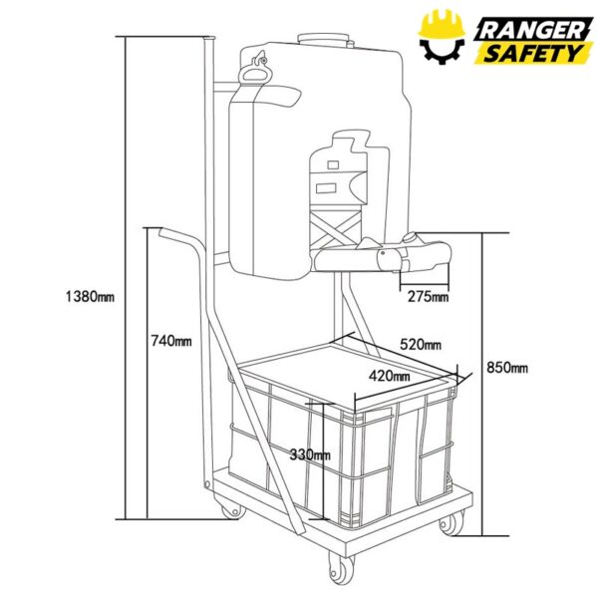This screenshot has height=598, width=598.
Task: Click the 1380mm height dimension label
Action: click(x=90, y=296)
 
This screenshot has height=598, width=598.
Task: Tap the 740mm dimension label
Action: click(x=171, y=341)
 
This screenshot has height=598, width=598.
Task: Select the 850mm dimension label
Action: click(x=507, y=368)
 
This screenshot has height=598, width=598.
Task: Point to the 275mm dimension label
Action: click(x=428, y=296)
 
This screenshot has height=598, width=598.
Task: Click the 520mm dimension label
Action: click(x=421, y=345)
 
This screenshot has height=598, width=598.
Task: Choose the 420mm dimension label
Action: click(x=390, y=377)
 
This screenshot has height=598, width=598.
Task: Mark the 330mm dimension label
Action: click(x=310, y=454)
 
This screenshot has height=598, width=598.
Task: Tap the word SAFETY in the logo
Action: click(x=533, y=54)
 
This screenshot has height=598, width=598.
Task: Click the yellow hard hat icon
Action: click(x=442, y=24)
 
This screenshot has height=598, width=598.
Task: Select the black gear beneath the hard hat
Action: click(x=442, y=51)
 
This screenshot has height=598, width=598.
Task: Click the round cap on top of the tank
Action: click(x=323, y=39)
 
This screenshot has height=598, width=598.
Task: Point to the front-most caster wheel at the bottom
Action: click(x=341, y=568)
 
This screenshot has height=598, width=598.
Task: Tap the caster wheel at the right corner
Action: click(x=451, y=523)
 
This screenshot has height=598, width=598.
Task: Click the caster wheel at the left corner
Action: click(x=231, y=509)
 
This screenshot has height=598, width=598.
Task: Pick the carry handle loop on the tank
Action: click(x=254, y=71)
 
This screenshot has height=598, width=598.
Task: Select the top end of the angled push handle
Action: click(x=162, y=232)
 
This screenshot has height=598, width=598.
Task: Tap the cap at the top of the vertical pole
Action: click(x=209, y=38)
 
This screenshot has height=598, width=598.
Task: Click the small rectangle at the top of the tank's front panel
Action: click(x=333, y=164)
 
